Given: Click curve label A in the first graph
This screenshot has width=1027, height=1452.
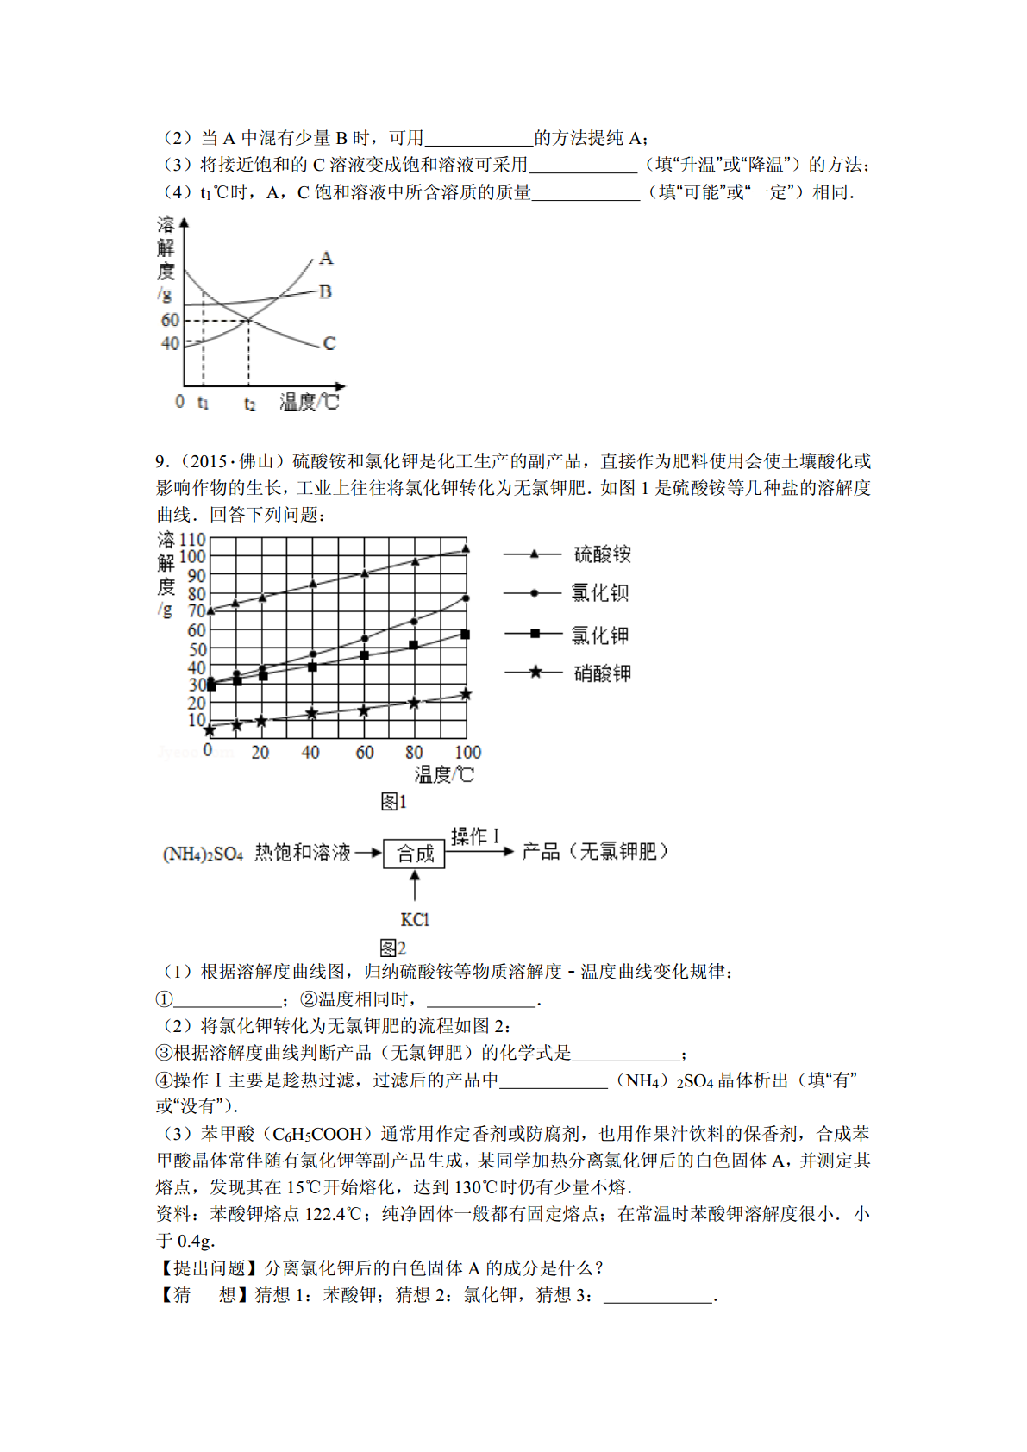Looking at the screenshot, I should [326, 258].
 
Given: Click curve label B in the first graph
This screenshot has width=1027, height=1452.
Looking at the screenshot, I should [325, 291].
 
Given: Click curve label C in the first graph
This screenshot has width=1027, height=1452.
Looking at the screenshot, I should [329, 343].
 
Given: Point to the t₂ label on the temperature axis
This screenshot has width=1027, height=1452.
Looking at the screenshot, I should [249, 404].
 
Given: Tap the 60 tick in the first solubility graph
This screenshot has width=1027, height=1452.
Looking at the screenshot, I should [171, 320].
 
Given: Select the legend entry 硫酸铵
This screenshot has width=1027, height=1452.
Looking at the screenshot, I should [602, 554].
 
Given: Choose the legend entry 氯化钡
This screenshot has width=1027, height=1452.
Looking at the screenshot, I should [600, 593].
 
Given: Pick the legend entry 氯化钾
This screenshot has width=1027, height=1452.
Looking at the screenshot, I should [600, 635].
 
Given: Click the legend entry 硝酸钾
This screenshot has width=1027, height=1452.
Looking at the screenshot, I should [602, 673].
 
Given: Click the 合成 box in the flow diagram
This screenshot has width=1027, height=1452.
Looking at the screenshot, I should [415, 854].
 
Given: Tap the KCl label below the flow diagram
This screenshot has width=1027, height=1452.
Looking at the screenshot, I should [415, 920].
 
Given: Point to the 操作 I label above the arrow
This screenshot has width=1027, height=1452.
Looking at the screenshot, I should [475, 836].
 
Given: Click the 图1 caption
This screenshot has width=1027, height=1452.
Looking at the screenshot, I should [393, 802].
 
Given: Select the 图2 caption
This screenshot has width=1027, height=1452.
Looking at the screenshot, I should [393, 948].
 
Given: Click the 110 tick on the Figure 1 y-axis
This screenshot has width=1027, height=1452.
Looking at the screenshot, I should [192, 540].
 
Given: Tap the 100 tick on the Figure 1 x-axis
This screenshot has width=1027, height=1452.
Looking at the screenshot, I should [467, 753].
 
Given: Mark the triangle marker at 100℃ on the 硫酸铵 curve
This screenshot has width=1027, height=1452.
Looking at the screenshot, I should [467, 548].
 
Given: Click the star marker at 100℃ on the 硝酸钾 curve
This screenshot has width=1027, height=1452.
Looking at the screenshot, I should [466, 694].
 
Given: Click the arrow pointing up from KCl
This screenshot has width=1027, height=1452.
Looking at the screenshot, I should [415, 886].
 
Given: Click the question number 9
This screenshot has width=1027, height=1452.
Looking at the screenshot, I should [160, 461].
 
